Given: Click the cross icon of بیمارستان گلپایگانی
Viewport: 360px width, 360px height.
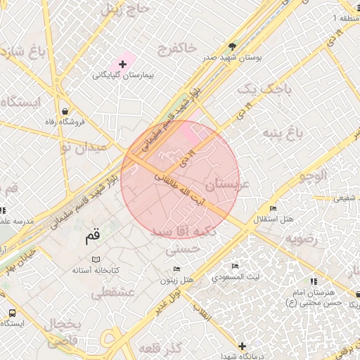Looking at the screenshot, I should [x=122, y=64].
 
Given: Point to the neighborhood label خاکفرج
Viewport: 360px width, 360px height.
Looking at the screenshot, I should [x=177, y=49].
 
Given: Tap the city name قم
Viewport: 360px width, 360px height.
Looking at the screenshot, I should [x=92, y=237].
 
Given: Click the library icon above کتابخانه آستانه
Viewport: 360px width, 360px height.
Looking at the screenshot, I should [x=96, y=259].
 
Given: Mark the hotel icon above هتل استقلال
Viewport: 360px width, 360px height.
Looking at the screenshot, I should [x=273, y=209].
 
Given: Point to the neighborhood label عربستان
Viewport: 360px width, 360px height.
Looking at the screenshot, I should [x=226, y=185].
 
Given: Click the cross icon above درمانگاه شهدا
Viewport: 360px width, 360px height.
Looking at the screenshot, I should [x=242, y=346].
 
